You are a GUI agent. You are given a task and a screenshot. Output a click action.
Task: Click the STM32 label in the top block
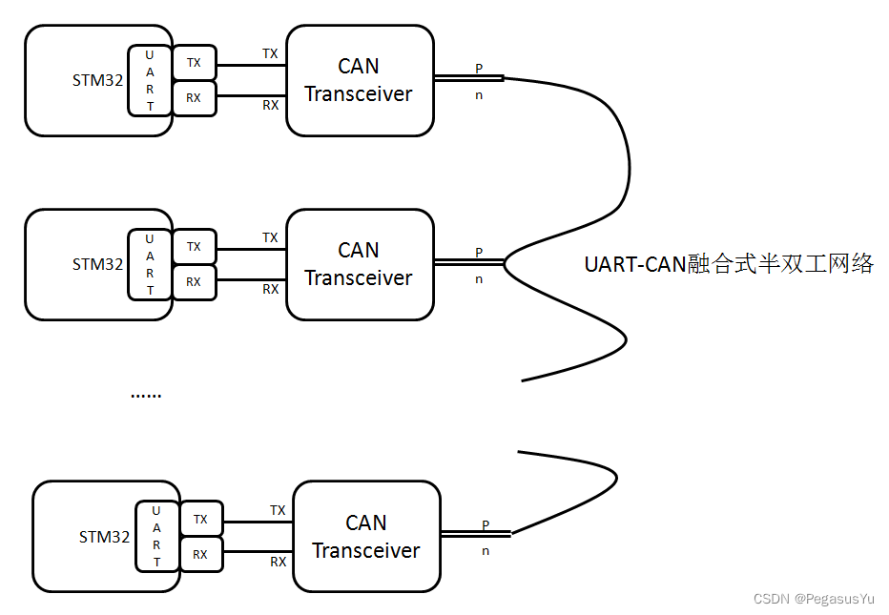click(x=97, y=80)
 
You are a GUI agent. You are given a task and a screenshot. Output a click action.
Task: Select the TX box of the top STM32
click(x=195, y=63)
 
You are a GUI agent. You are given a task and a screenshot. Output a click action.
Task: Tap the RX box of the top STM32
click(x=195, y=98)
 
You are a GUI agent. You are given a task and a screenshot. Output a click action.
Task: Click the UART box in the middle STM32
click(x=150, y=264)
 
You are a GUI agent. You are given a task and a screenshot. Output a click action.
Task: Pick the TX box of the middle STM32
click(x=195, y=247)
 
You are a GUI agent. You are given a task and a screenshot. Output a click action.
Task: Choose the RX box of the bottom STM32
click(x=201, y=554)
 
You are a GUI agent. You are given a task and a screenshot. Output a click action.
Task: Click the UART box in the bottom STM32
click(x=157, y=536)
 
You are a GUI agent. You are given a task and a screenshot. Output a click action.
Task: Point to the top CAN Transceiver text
click(x=359, y=80)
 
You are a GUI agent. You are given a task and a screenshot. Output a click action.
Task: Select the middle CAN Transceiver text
click(x=359, y=264)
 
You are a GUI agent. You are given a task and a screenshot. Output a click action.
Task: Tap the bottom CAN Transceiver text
click(x=366, y=537)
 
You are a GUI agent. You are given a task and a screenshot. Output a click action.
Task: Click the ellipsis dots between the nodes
click(x=146, y=394)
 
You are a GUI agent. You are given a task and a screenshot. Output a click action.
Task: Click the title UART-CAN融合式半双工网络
click(x=729, y=264)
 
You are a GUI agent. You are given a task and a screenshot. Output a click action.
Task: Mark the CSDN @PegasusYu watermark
click(x=813, y=599)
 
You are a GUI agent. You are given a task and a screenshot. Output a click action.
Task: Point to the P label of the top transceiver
click(x=479, y=69)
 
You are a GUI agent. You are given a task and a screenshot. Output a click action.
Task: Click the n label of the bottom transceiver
click(x=486, y=550)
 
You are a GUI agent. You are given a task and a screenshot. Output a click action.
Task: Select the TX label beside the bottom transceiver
click(x=278, y=511)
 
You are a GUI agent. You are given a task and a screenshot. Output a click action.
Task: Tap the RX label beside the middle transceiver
click(x=271, y=288)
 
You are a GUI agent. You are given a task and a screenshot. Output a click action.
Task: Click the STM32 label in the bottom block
click(x=104, y=537)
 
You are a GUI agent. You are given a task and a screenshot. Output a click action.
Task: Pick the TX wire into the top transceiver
click(x=251, y=65)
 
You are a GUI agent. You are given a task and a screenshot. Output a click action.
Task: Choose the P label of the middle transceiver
click(x=479, y=253)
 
